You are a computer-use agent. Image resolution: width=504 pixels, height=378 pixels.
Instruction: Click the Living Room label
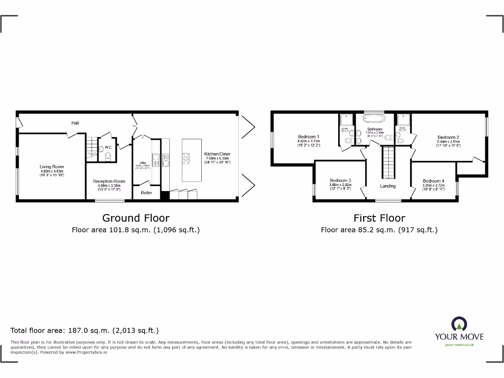pos(52,167)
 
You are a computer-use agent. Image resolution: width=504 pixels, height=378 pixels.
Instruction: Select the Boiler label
pos(147,192)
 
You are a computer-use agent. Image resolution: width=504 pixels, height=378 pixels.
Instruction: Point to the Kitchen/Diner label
pos(217,154)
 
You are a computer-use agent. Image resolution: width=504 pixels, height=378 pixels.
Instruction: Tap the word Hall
pos(75,123)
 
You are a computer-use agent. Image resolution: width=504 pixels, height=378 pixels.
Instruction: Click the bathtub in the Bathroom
pos(375,118)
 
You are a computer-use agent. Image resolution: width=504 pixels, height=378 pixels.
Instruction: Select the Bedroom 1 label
pos(309,137)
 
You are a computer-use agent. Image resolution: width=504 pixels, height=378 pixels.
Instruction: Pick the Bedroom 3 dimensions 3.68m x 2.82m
pos(341,185)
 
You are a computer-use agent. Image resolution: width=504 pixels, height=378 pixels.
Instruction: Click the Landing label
pos(388,186)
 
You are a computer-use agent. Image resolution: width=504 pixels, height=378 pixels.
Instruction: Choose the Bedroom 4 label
pos(433,181)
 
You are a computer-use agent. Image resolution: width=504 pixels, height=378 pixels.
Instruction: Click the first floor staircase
pos(388,162)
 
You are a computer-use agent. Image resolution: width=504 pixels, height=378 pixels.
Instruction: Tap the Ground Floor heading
pos(135,218)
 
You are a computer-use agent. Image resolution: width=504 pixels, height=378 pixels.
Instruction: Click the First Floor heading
pos(379,218)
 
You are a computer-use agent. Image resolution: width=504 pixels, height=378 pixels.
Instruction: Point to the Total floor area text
pos(85,331)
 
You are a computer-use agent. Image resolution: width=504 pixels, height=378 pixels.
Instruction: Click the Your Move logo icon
pos(459,324)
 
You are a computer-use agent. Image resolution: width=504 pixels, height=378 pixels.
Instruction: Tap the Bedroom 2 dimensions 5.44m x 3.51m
pos(448,142)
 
